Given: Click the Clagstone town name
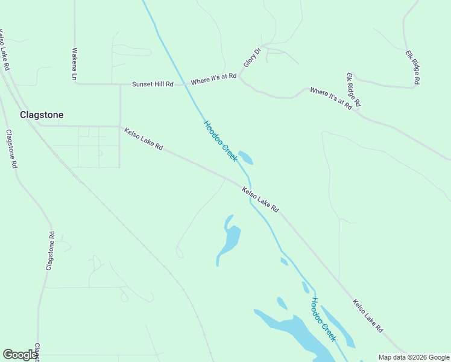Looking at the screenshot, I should click(x=42, y=115).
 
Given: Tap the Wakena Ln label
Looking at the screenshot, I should click(x=75, y=65).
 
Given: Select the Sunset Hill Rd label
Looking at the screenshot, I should click(x=153, y=84).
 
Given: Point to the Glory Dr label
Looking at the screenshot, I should click(x=250, y=58).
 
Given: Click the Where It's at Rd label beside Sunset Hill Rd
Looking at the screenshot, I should click(x=213, y=79).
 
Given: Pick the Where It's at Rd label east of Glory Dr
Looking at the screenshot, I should click(x=330, y=98).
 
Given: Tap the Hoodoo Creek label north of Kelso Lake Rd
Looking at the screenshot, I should click(x=220, y=141).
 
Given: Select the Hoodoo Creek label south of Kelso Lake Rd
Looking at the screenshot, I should click(x=323, y=319).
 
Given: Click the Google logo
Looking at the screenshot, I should click(x=20, y=355).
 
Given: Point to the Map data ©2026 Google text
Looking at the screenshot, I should click(x=413, y=357).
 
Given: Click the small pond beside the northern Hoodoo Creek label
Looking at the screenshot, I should click(x=245, y=157).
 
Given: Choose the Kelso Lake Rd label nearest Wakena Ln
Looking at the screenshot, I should click(x=143, y=139).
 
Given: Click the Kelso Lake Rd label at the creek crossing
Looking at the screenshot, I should click(x=260, y=200).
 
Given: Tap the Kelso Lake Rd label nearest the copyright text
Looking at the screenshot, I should click(x=368, y=316).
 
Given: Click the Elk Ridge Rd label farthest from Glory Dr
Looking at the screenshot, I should click(x=412, y=66).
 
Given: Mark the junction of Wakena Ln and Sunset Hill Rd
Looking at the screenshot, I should click(x=75, y=84).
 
